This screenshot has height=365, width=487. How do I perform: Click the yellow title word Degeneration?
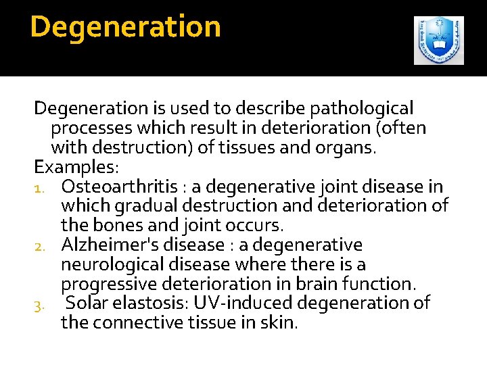click(126, 27)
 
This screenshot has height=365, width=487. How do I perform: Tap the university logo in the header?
click(439, 41)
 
